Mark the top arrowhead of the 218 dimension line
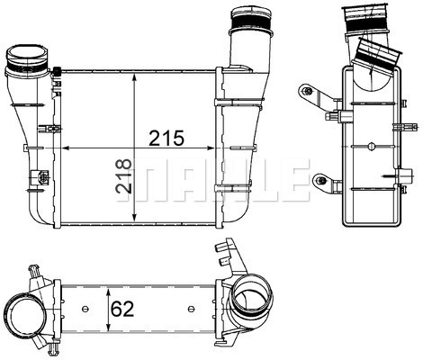134,76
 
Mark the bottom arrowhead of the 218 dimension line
134,221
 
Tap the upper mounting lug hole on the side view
309,91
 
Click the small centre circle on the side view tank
371,148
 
